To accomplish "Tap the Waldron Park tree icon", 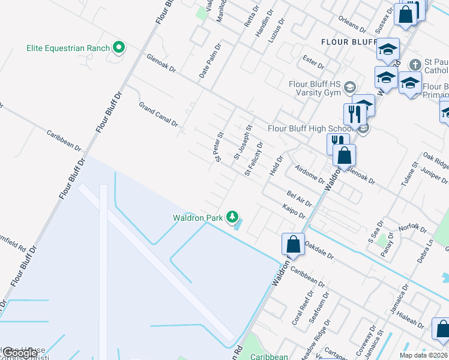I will (232, 218).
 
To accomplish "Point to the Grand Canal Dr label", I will (158, 114).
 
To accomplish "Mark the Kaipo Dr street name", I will (294, 211).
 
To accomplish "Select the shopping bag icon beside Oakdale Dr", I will (293, 245).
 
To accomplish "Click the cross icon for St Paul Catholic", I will (415, 64).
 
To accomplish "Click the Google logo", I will (20, 353).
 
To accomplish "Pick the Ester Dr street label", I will (313, 62).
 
